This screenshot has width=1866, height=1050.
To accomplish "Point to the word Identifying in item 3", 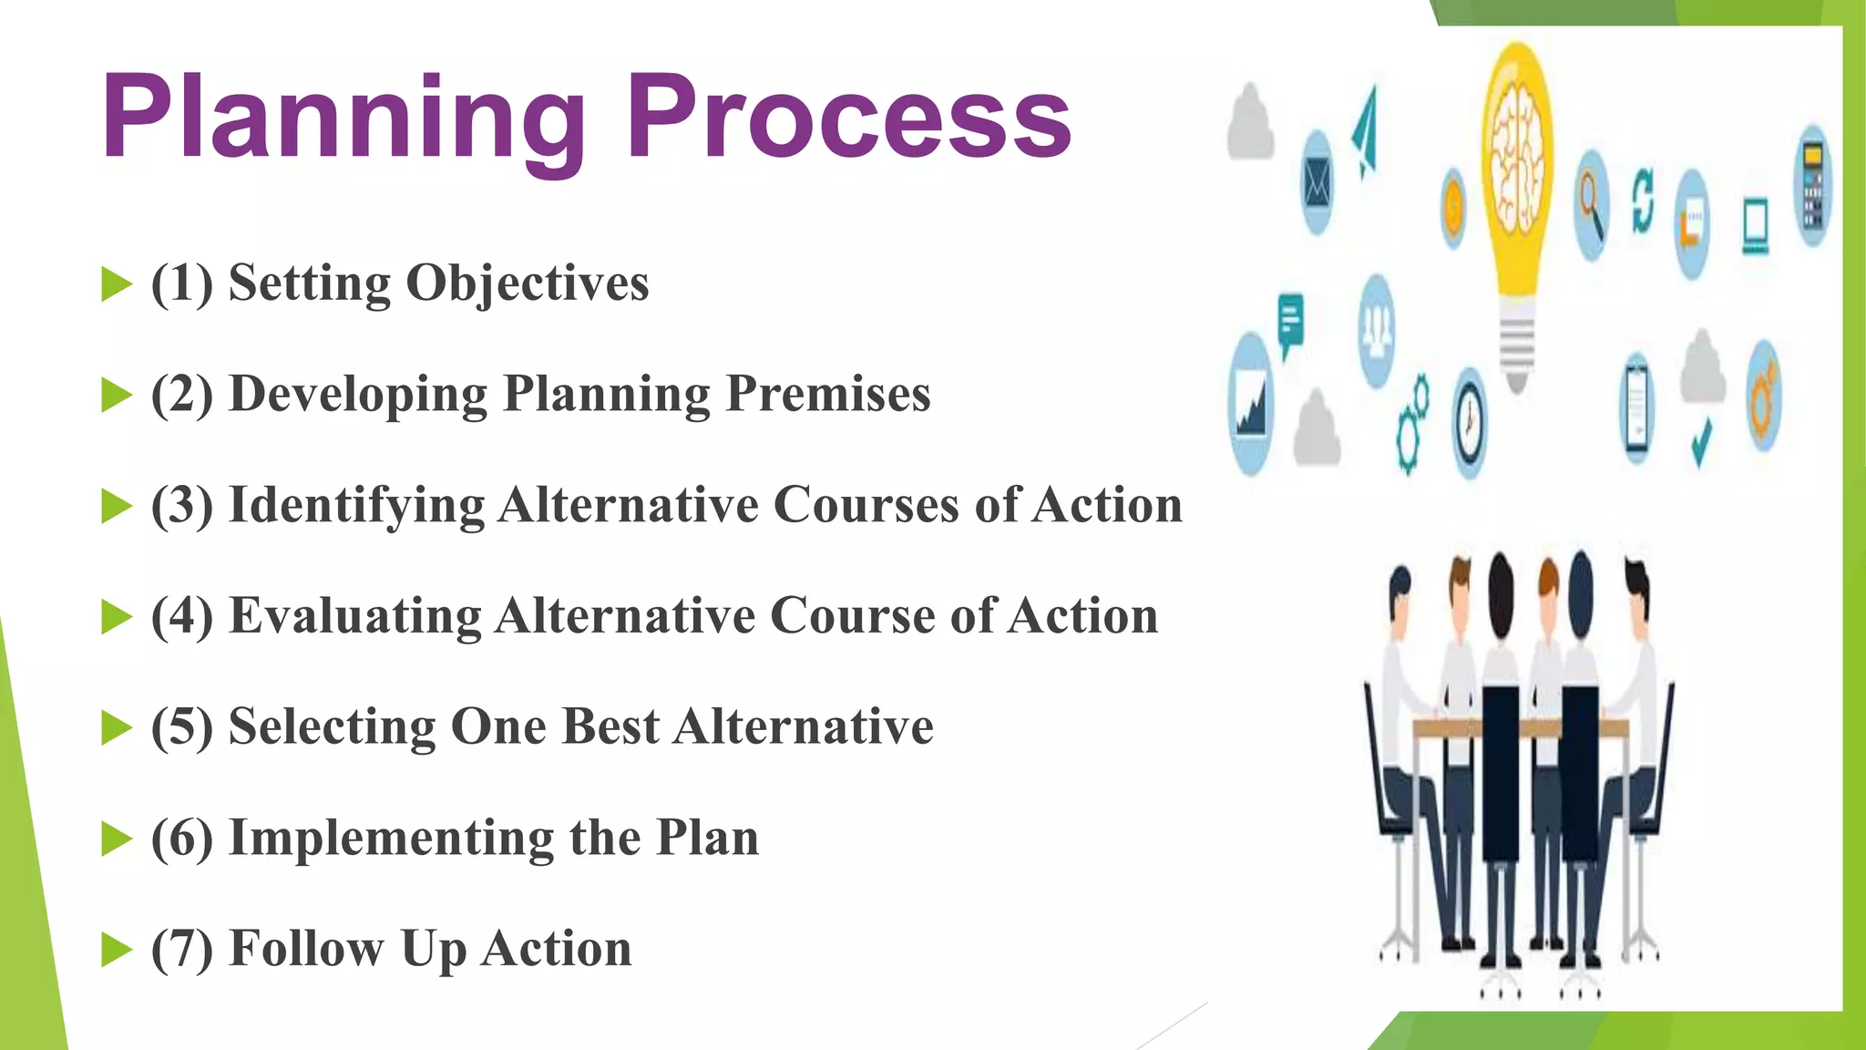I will pos(355,505).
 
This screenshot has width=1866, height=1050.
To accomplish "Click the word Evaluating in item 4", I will pos(355,616).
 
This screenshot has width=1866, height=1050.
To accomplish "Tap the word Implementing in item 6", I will pos(391,838).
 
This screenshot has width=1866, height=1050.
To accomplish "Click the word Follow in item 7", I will pos(306,948).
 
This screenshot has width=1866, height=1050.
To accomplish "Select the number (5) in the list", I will pos(182,727).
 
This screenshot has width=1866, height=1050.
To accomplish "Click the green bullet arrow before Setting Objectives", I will pos(116,283).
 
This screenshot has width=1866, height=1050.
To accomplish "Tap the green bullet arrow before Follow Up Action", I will pos(116,949).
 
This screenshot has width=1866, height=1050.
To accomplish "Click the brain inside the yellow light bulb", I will pos(1515,155).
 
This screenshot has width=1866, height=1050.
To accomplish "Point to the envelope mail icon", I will pos(1317,183).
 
